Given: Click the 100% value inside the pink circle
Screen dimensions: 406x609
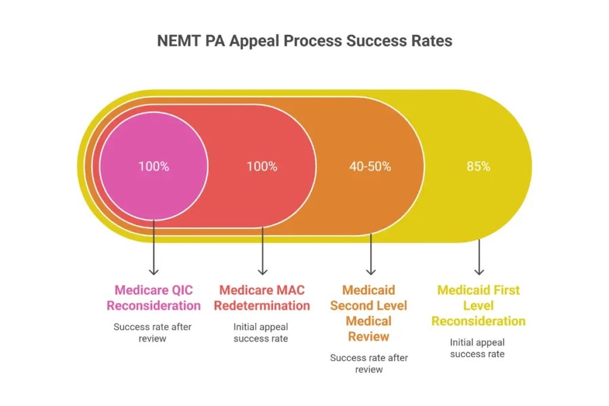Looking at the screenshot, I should (x=153, y=166).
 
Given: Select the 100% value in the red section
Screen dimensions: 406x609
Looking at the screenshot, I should (x=262, y=166).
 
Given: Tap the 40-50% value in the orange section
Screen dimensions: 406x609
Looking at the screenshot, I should (x=370, y=166).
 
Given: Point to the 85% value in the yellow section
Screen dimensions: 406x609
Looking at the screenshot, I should (x=478, y=166).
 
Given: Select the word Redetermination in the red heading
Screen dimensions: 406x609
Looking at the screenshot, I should (x=262, y=306).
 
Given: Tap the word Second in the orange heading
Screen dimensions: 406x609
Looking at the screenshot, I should (x=354, y=306).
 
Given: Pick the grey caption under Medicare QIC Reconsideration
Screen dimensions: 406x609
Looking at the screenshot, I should (x=153, y=332).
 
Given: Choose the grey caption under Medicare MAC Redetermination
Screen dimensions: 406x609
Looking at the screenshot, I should (x=261, y=332).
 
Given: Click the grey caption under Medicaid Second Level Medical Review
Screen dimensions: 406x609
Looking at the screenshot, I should (x=369, y=363).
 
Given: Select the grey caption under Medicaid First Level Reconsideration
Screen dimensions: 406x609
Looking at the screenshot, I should (x=478, y=348).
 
